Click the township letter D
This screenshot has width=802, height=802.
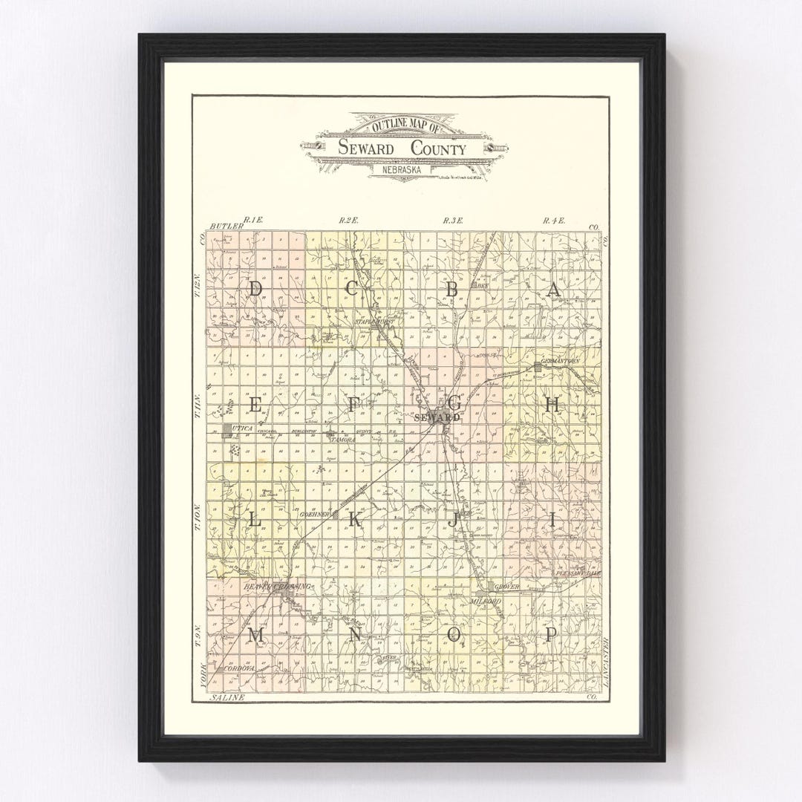click(x=255, y=290)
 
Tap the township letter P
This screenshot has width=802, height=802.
click(x=551, y=634)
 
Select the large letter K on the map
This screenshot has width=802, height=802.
click(x=354, y=521)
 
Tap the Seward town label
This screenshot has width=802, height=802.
click(x=437, y=418)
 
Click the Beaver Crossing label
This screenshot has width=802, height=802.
click(x=276, y=587)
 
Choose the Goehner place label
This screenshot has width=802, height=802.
click(x=314, y=514)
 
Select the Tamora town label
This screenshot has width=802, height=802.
click(x=342, y=440)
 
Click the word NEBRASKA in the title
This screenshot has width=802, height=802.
click(x=402, y=169)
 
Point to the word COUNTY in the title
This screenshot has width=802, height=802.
click(x=438, y=149)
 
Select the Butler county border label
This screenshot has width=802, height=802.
click(x=222, y=226)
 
